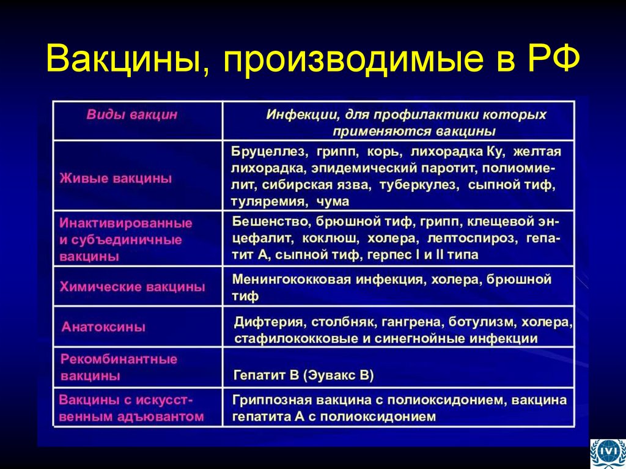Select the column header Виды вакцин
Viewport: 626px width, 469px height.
[131, 114]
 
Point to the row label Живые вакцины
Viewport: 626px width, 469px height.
[116, 179]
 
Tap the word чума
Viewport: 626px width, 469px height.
[333, 201]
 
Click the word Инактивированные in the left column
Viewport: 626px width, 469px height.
[126, 223]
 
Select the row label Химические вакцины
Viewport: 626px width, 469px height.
[132, 287]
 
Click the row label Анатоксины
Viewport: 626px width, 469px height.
[103, 327]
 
